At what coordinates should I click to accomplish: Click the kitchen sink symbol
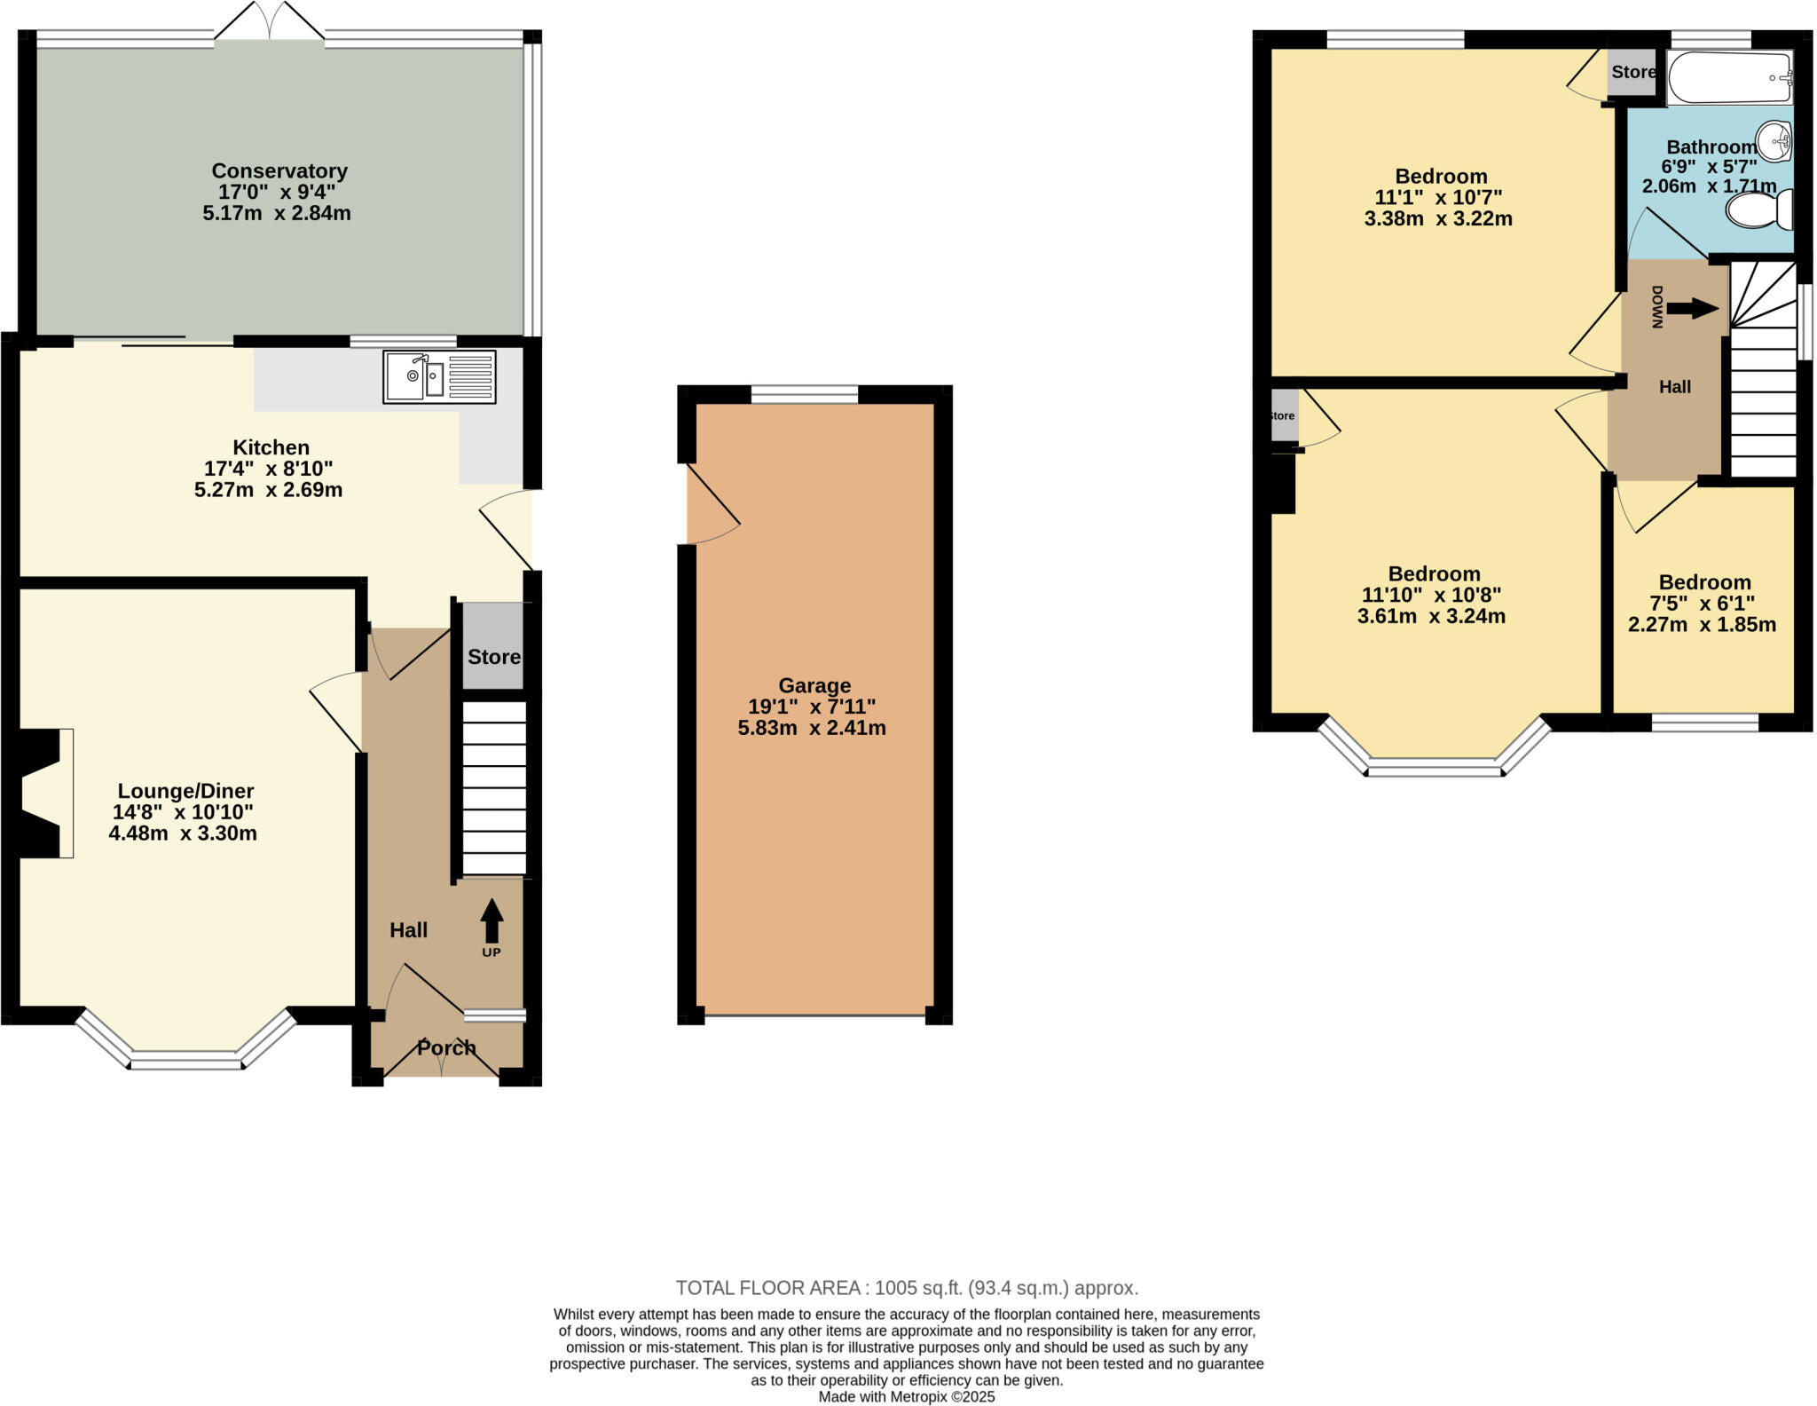point(439,376)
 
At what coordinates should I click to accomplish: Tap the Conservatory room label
point(279,170)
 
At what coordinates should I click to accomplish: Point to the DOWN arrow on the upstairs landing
point(1692,308)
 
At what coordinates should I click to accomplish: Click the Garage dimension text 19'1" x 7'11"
point(812,707)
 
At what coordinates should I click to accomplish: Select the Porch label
point(446,1047)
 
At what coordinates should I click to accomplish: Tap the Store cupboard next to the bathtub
point(1632,73)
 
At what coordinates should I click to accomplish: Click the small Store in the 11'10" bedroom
point(1284,415)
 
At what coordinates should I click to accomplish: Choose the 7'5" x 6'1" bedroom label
point(1703,604)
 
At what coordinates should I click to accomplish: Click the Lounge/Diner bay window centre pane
point(186,1059)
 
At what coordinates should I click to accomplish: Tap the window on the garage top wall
point(804,394)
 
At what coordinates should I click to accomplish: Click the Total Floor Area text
point(907,1288)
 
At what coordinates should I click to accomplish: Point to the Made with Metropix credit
point(907,1397)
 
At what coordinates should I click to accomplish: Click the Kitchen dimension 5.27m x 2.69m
point(268,490)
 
